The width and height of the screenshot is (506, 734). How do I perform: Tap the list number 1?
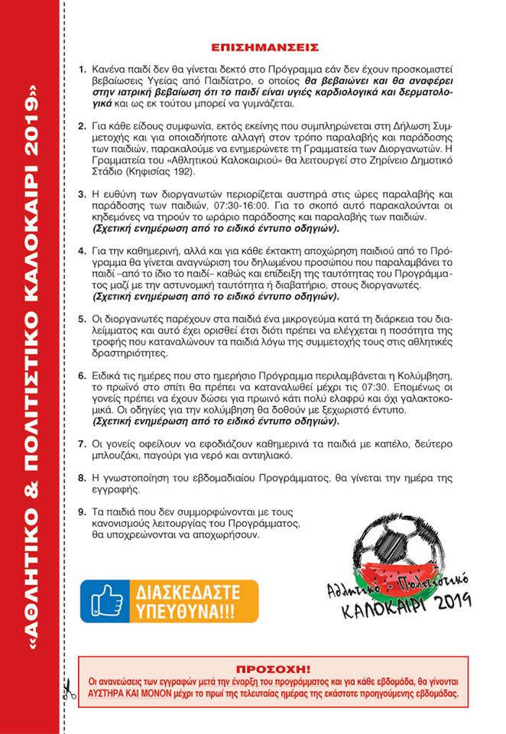pyautogui.click(x=83, y=69)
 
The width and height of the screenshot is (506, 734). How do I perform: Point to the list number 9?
pyautogui.click(x=83, y=510)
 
